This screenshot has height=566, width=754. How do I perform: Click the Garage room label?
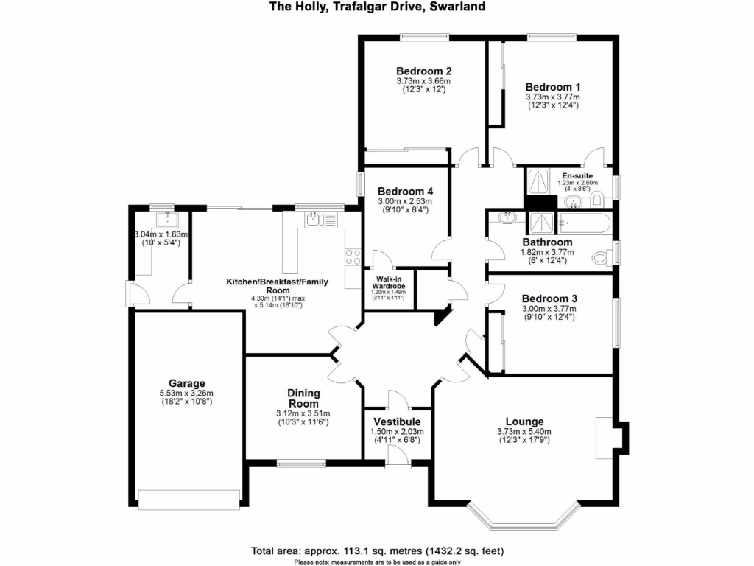(186, 383)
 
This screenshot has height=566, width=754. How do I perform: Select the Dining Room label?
(303, 398)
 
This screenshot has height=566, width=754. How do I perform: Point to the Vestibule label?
(398, 422)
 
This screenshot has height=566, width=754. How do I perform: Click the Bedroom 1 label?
(552, 86)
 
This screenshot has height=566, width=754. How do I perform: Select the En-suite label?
(577, 175)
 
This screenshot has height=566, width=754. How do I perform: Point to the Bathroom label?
(547, 242)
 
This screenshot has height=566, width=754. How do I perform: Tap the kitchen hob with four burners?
(353, 257)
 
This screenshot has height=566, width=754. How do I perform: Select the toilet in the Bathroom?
(603, 256)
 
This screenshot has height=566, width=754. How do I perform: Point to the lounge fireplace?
(605, 435)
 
